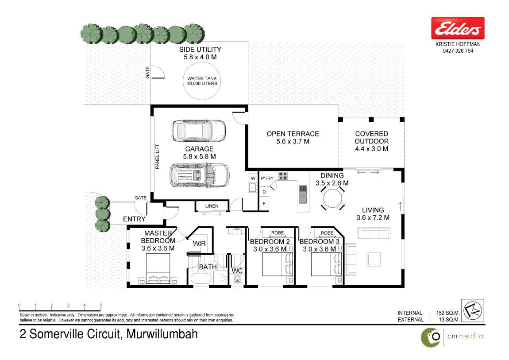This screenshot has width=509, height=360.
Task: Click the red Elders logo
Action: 458,28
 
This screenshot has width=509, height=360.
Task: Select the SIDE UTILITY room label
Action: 200,50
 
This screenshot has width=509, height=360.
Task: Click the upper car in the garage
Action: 198,131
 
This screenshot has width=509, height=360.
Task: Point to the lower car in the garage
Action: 199,175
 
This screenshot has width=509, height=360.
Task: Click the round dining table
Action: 333,198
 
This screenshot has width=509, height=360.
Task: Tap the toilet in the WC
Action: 237,279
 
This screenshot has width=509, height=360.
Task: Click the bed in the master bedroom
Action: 158,269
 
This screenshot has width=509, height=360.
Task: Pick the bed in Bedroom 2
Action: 277,264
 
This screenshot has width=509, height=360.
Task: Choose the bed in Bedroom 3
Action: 326,264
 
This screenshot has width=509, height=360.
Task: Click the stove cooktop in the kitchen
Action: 283,176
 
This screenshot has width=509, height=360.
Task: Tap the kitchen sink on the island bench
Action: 303,194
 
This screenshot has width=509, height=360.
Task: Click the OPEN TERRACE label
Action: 293,134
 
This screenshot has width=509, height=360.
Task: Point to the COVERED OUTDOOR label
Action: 371,137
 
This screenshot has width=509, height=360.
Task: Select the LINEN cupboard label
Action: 212,206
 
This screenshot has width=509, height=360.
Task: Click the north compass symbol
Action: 473,311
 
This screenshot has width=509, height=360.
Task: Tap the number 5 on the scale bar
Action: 100,305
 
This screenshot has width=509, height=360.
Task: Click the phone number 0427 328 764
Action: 458,50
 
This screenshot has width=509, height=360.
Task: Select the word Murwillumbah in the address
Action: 162,334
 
